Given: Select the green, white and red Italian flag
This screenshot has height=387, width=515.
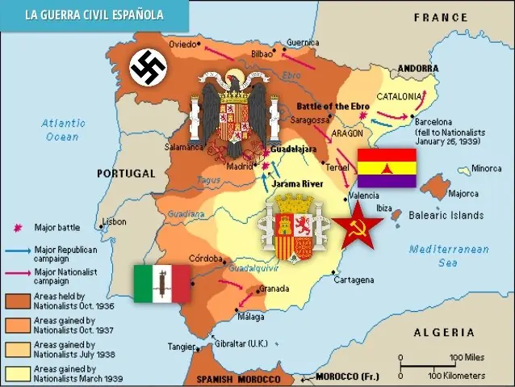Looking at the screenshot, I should pyautogui.click(x=161, y=284).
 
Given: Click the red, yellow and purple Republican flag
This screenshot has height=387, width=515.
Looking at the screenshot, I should pyautogui.click(x=387, y=168).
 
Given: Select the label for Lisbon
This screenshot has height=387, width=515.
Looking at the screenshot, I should pyautogui.click(x=114, y=221).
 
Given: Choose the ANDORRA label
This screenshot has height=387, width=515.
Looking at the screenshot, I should pyautogui.click(x=418, y=68).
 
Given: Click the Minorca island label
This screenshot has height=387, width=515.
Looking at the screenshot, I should pyautogui.click(x=487, y=169).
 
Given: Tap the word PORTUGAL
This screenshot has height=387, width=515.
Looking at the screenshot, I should pyautogui.click(x=125, y=173).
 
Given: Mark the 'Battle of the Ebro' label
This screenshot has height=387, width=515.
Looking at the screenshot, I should pyautogui.click(x=335, y=106).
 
